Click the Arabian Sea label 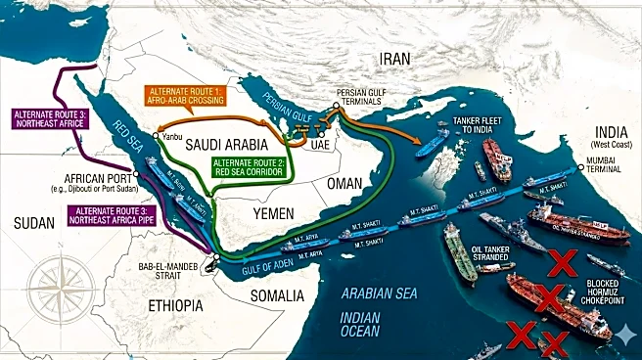click(379, 292)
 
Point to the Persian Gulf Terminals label click(364, 98)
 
